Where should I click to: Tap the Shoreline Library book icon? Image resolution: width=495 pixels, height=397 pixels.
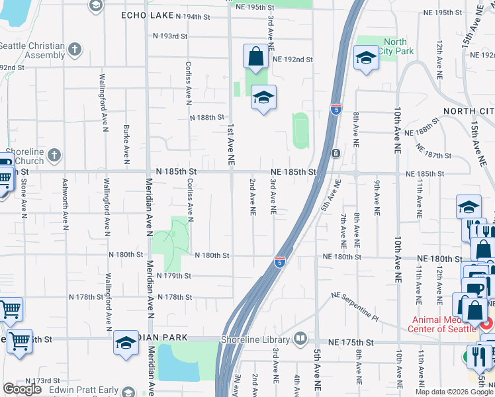pyautogui.click(x=300, y=339)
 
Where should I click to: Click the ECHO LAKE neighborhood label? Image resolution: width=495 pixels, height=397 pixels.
pyautogui.click(x=147, y=15)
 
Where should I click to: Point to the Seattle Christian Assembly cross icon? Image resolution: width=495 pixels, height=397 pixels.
pyautogui.click(x=75, y=49)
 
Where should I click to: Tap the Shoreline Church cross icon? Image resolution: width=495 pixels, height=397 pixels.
pyautogui.click(x=54, y=155)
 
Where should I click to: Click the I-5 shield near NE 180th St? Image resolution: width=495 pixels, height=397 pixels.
pyautogui.click(x=281, y=262)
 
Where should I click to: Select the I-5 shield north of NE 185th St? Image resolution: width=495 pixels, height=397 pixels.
pyautogui.click(x=336, y=109)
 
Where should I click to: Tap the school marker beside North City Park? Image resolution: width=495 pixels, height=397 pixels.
pyautogui.click(x=365, y=58)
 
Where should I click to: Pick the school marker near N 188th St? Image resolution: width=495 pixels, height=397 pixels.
pyautogui.click(x=263, y=98)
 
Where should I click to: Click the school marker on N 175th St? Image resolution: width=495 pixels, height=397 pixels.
pyautogui.click(x=126, y=343)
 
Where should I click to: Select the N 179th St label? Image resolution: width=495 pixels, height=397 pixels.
pyautogui.click(x=174, y=275)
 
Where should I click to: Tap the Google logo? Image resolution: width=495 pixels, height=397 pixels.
pyautogui.click(x=22, y=389)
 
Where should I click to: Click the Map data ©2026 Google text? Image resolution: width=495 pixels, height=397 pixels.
pyautogui.click(x=455, y=392)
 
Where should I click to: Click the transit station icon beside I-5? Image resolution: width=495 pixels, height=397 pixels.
pyautogui.click(x=336, y=153)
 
